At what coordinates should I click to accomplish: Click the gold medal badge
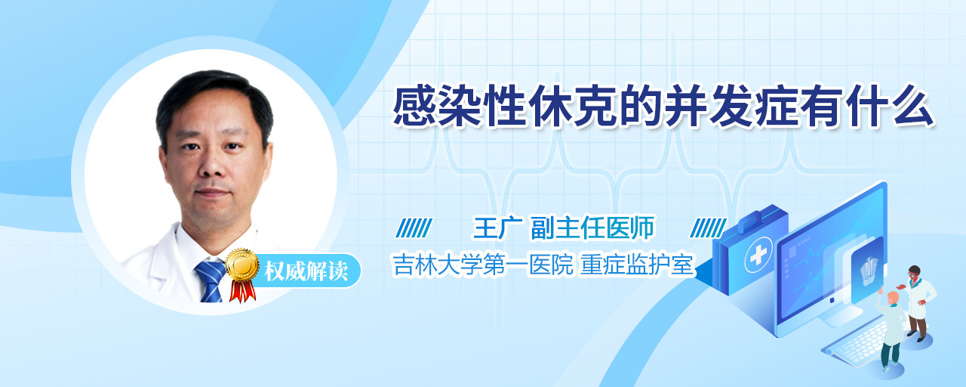(242, 265)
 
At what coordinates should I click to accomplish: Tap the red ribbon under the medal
(242, 291)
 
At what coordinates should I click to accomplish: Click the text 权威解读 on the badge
(306, 271)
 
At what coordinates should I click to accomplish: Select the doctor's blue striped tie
(211, 280)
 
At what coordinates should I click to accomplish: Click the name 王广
(498, 228)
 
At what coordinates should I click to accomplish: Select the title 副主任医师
(592, 228)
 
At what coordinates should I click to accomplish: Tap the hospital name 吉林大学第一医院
(483, 265)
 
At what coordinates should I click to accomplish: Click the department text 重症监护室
(637, 265)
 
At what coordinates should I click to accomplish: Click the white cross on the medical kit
(758, 255)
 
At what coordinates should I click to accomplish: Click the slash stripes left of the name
(414, 228)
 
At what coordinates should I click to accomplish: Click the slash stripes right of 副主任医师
(708, 228)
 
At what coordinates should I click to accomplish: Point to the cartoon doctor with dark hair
(919, 302)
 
